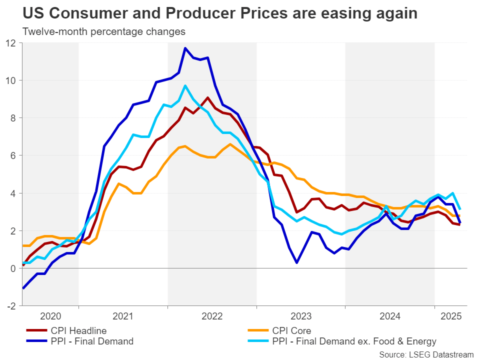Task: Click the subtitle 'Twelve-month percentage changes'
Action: tap(104, 31)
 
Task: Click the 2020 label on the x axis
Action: tap(50, 316)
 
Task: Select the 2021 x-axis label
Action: tap(123, 316)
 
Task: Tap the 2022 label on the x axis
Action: tap(212, 316)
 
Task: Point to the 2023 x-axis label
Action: tap(301, 316)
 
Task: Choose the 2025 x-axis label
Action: tap(450, 316)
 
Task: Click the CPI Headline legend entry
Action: tap(78, 330)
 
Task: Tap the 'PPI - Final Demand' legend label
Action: tap(92, 341)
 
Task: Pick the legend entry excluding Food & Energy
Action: tap(354, 341)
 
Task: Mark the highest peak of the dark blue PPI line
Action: tap(185, 48)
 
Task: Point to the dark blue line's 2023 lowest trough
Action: tap(297, 262)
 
